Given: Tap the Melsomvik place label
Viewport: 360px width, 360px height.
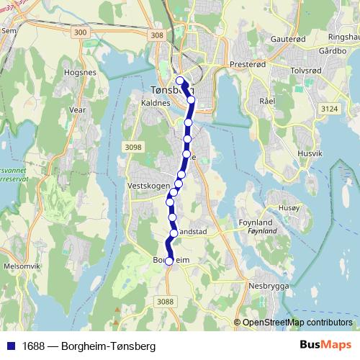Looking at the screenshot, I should tap(22, 266).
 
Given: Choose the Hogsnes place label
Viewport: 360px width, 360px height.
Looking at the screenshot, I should tap(80, 73).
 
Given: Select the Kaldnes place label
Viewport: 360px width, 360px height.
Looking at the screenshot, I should tap(156, 103).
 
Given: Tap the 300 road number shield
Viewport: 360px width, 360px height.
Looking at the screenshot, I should tap(81, 33).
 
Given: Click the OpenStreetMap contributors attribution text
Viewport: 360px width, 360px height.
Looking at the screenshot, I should tap(297, 322).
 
